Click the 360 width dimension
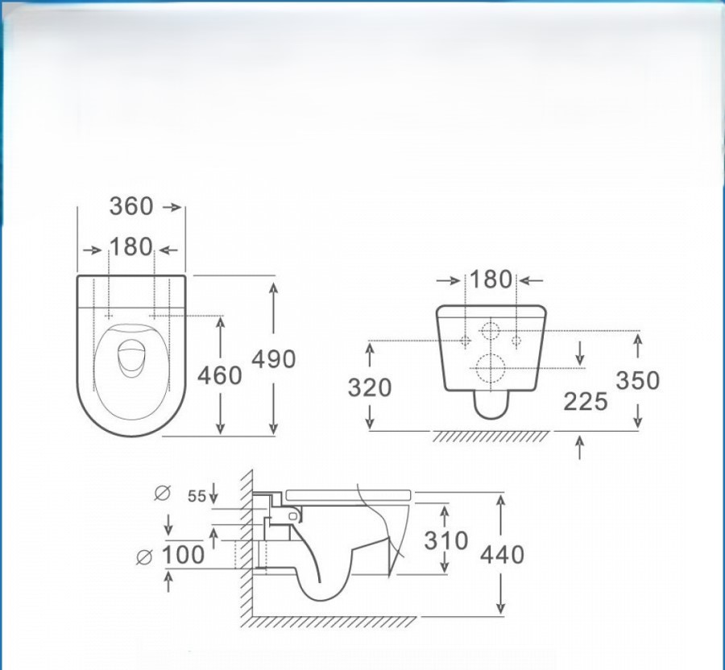[x=130, y=206]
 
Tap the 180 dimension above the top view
[x=130, y=246]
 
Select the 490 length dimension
[x=273, y=359]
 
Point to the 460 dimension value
[x=220, y=374]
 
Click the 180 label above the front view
[x=491, y=279]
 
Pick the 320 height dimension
[x=370, y=387]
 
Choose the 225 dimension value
[x=586, y=401]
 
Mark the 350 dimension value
[x=638, y=380]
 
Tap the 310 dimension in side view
[x=445, y=540]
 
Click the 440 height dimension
[x=502, y=555]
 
